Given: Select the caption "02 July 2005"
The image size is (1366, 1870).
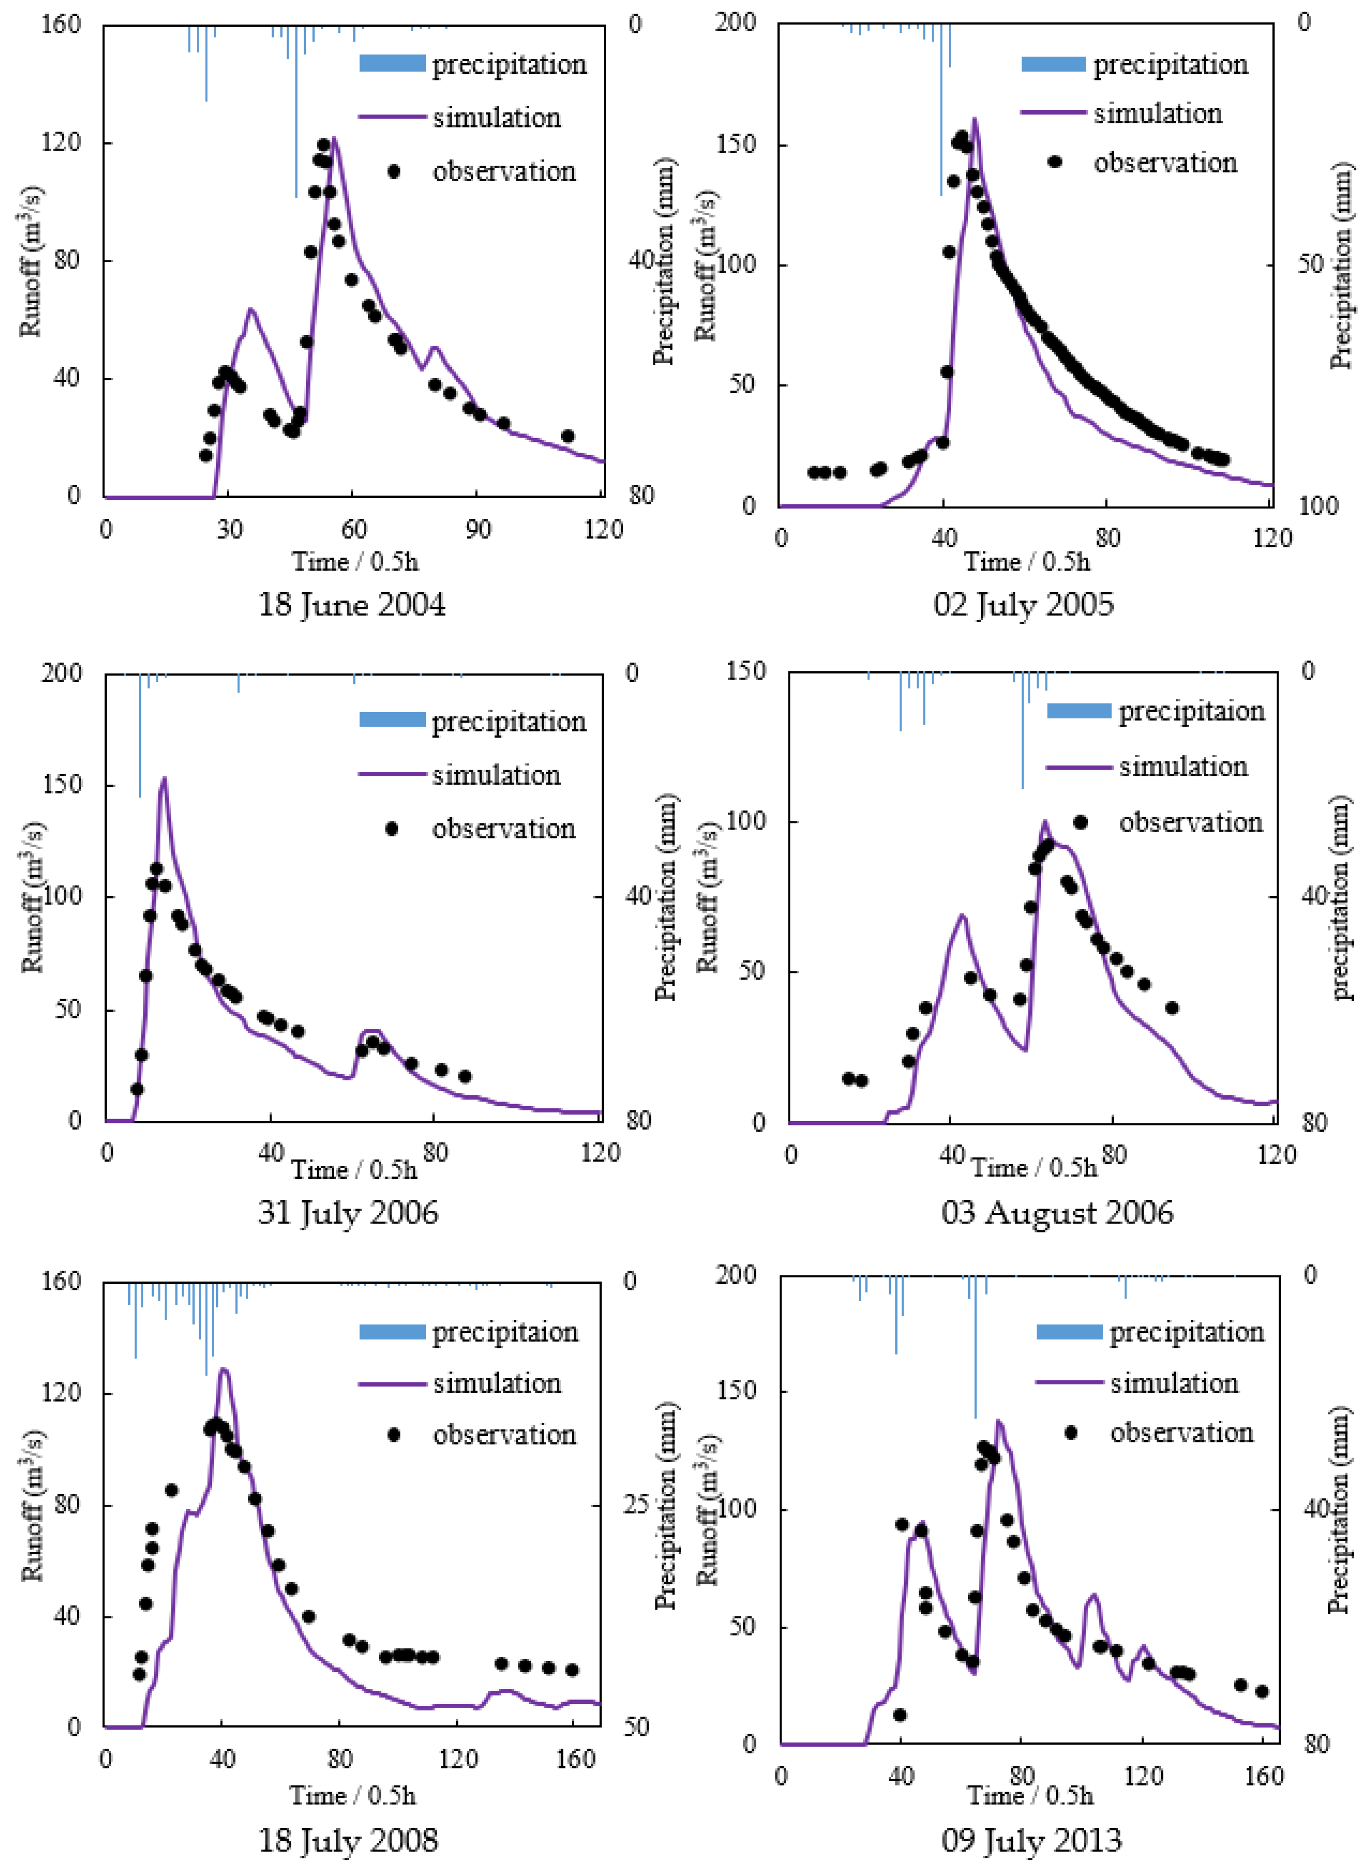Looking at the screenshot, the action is tap(1024, 604).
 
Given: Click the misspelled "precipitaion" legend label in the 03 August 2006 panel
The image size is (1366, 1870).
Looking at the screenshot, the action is tap(1192, 712).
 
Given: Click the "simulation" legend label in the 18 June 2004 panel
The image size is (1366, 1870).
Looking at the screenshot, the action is tap(497, 118).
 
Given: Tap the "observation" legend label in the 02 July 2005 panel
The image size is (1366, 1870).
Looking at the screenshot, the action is tap(1166, 163).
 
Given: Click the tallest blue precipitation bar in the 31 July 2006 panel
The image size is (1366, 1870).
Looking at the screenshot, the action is tap(140, 736).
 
